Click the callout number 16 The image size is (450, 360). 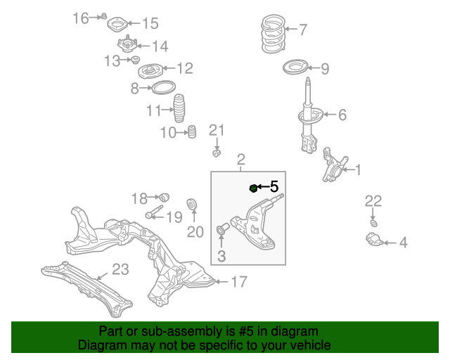(81, 17)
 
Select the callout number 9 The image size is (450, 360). (324, 69)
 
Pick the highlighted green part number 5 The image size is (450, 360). (254, 187)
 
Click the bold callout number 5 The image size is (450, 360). (274, 186)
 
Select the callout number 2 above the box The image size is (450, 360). (240, 160)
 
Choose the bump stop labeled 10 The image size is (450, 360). (190, 131)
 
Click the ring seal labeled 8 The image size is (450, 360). (163, 89)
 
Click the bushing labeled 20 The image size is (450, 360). (191, 205)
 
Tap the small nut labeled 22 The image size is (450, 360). (374, 223)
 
